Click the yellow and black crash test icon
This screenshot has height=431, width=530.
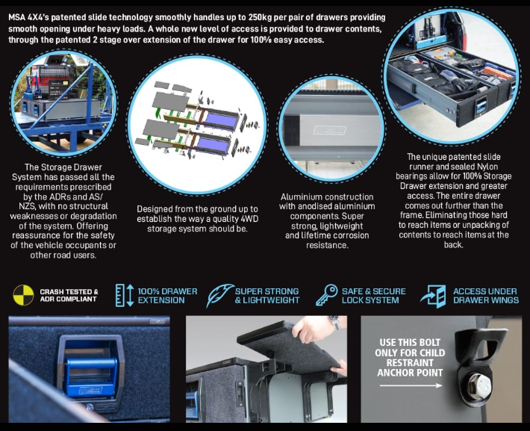(x=23, y=295)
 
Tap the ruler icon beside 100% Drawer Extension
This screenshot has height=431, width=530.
(x=125, y=295)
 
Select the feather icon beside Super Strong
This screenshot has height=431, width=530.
(x=219, y=295)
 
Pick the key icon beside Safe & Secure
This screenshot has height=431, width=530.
(x=326, y=295)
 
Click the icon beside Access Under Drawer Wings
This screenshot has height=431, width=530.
(x=433, y=297)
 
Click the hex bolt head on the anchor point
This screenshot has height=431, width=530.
(x=479, y=385)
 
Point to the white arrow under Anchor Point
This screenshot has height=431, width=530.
(x=411, y=385)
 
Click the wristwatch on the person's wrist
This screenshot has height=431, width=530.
(x=334, y=322)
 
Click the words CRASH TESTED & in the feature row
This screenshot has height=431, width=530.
(x=69, y=291)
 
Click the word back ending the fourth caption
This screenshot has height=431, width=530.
(x=453, y=244)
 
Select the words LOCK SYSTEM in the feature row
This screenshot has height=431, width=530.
(x=370, y=300)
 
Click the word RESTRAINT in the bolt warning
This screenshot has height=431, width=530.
(x=410, y=363)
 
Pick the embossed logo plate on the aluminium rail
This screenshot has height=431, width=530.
(x=329, y=130)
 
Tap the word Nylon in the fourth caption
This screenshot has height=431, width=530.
(x=487, y=167)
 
